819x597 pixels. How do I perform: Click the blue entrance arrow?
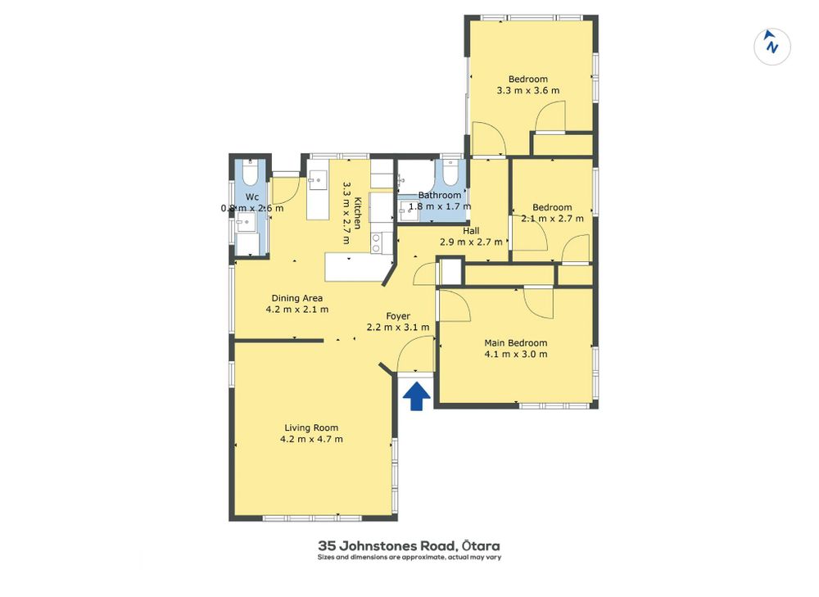coord(416,396)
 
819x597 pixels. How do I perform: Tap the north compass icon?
coord(771,47)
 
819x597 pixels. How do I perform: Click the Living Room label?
coord(311,427)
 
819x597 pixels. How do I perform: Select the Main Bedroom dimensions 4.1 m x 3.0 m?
coord(516,354)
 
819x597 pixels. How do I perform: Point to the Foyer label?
coord(398,316)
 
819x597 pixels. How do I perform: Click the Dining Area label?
coord(296,298)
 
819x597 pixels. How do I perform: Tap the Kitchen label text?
coord(358,213)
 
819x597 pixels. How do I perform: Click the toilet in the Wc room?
coord(250,172)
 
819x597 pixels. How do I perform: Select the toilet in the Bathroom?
coord(450,172)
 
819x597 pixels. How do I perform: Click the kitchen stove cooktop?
coord(376,243)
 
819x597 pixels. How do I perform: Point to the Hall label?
coord(471,231)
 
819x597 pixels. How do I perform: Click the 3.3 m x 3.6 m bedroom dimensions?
coord(528,90)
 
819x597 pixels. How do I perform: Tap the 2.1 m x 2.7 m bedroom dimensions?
coord(552,219)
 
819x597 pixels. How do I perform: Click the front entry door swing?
coord(416,354)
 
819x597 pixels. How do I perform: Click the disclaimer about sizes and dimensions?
coord(409,558)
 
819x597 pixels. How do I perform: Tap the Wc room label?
coord(252,197)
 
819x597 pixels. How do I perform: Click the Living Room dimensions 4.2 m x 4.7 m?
coord(311,439)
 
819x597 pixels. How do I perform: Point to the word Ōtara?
coord(482,545)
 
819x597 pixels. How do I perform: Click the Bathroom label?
coord(439,195)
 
